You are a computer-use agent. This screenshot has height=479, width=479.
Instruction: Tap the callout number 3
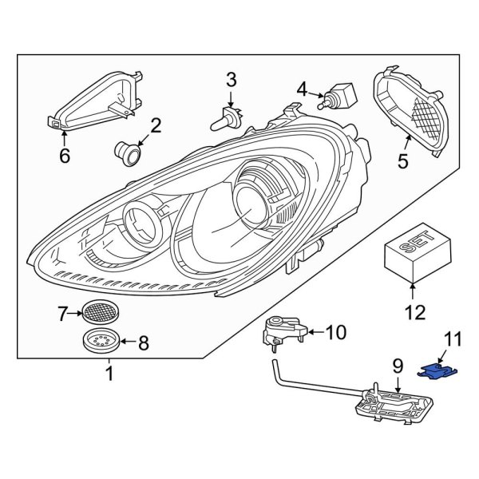[231, 80]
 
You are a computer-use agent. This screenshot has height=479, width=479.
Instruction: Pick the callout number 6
[65, 156]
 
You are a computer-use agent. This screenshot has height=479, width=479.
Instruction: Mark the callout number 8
[144, 344]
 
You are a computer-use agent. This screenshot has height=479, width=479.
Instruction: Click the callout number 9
[398, 367]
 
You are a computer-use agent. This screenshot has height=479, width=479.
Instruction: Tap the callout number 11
[453, 341]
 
